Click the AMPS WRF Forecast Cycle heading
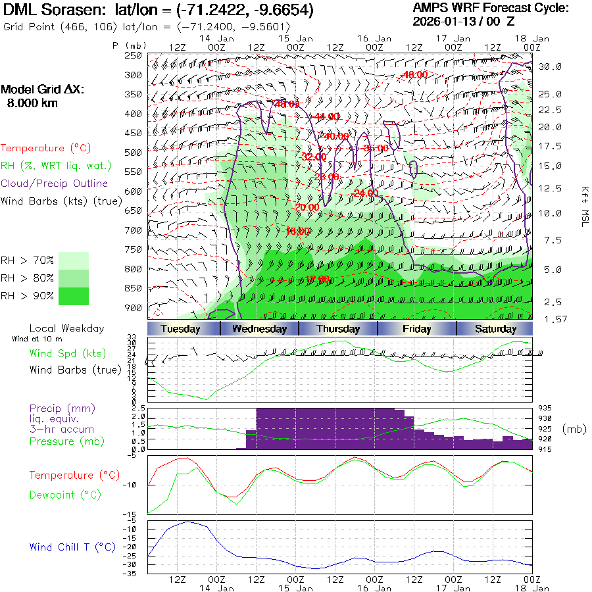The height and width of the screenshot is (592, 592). pyautogui.click(x=491, y=8)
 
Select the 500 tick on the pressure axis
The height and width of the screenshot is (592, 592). pyautogui.click(x=134, y=153)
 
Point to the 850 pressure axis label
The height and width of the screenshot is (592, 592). pyautogui.click(x=134, y=288)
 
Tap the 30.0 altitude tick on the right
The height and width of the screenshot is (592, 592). pyautogui.click(x=550, y=66)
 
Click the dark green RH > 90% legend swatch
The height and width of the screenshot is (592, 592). pyautogui.click(x=74, y=296)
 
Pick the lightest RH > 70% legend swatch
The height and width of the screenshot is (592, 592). pyautogui.click(x=74, y=260)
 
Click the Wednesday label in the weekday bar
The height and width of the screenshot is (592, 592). pyautogui.click(x=259, y=329)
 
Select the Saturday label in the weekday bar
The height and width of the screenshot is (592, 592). pyautogui.click(x=495, y=329)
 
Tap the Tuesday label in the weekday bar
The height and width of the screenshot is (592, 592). pyautogui.click(x=180, y=329)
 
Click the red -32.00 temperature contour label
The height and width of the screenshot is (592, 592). pyautogui.click(x=313, y=157)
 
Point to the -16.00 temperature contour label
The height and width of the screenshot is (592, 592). pyautogui.click(x=297, y=231)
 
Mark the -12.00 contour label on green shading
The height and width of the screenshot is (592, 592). pyautogui.click(x=319, y=280)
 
